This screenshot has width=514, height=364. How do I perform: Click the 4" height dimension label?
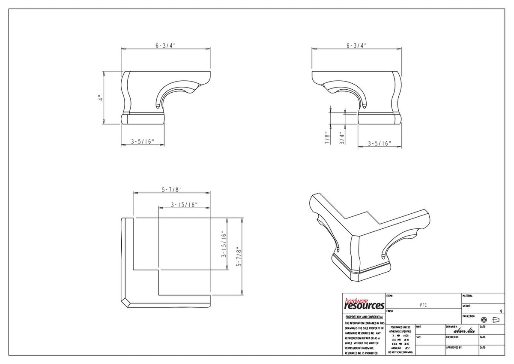99,98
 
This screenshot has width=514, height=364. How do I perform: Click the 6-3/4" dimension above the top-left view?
165,45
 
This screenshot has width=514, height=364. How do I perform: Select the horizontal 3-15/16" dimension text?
184,205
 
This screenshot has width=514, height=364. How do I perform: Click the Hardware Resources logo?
364,304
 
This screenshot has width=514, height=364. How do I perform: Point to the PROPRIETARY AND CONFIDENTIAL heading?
364,317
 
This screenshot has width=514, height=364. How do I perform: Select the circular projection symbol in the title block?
484,320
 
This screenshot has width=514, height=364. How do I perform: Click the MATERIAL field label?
468,296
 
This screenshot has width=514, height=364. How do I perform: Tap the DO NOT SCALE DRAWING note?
400,352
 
